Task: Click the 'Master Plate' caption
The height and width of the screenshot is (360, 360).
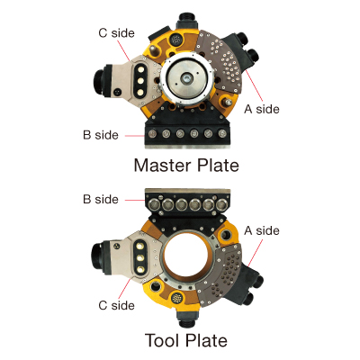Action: (186, 166)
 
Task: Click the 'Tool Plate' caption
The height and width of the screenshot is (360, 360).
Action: (186, 340)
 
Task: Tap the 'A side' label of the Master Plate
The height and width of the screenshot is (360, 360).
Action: (262, 109)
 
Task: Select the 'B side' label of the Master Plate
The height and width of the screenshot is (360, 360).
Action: (101, 135)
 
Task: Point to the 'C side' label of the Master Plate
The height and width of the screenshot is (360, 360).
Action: (117, 33)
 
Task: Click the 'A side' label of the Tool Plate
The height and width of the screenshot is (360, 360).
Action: (262, 230)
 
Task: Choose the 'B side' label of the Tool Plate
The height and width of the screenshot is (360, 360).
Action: (101, 199)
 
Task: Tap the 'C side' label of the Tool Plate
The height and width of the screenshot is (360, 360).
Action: (117, 305)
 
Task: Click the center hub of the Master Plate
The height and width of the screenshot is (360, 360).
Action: (186, 78)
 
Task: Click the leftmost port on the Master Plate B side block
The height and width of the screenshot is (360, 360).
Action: (153, 133)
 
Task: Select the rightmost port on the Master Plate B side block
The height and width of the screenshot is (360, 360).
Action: (221, 133)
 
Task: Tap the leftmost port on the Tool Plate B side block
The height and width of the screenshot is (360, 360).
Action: (153, 204)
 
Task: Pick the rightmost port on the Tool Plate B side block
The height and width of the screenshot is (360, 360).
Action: (221, 204)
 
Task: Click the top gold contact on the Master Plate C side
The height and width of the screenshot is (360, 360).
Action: (139, 69)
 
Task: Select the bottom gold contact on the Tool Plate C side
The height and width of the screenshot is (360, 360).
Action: (139, 269)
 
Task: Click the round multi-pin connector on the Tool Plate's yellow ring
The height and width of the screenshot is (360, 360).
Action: (177, 298)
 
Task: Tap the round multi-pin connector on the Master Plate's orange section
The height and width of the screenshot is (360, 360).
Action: (175, 40)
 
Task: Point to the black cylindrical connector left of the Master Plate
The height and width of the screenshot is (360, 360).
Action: (101, 80)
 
